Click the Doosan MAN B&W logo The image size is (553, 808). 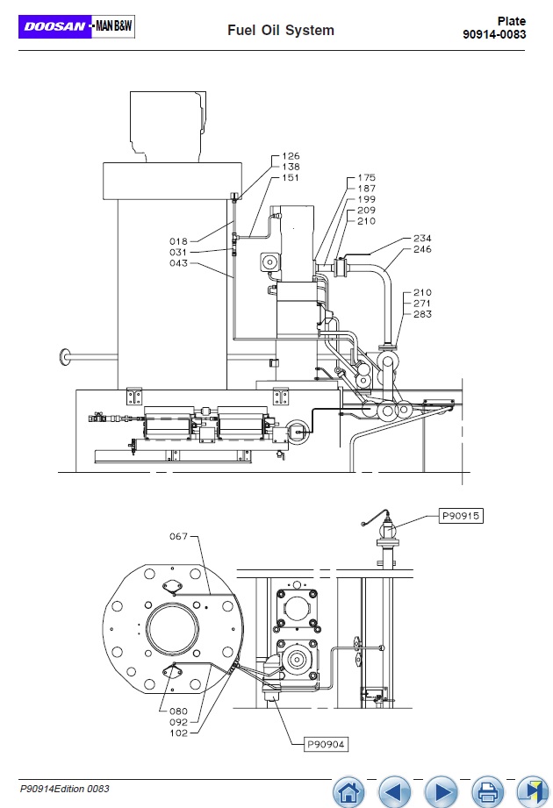[x=76, y=26]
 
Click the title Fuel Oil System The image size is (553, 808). [x=281, y=31]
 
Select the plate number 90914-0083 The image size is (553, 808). [x=494, y=34]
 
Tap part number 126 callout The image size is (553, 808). [x=291, y=155]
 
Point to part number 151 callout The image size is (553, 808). [x=291, y=177]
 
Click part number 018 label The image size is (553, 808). [x=178, y=241]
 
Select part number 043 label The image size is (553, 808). [x=178, y=263]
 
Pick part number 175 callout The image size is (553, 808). [x=366, y=177]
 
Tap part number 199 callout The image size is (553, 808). [x=366, y=199]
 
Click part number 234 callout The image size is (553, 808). [x=422, y=238]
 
